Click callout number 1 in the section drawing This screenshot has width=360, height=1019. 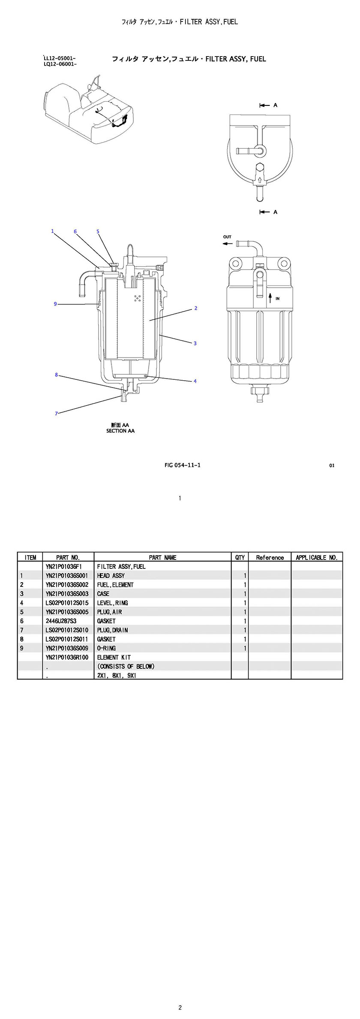click(52, 231)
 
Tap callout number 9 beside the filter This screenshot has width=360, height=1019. click(55, 304)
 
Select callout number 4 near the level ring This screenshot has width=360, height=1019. click(195, 381)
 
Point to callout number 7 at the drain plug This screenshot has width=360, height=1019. click(56, 413)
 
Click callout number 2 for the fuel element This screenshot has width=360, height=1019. click(196, 308)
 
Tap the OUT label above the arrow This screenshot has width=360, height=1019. click(227, 237)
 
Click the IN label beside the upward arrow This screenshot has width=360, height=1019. click(277, 298)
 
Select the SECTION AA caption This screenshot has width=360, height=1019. click(120, 431)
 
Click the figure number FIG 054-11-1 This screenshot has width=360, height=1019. click(182, 465)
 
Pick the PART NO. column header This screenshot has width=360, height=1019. click(68, 557)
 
